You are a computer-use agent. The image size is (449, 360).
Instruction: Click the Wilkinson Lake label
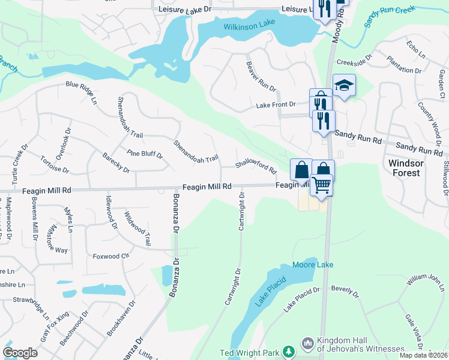249,27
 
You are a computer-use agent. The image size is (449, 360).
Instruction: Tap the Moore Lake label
312,265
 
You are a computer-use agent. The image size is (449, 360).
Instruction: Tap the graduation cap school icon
344,86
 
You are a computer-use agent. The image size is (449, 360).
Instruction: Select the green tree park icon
289,350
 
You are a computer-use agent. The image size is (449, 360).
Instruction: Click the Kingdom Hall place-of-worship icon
307,343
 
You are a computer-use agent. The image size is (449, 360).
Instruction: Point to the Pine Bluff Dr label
145,154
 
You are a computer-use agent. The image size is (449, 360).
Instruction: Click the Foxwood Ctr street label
111,256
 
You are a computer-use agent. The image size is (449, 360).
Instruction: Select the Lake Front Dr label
276,104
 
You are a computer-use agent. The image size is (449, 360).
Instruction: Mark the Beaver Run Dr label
261,77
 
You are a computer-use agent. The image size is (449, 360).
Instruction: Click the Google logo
20,353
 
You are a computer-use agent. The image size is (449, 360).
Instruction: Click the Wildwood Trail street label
137,228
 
